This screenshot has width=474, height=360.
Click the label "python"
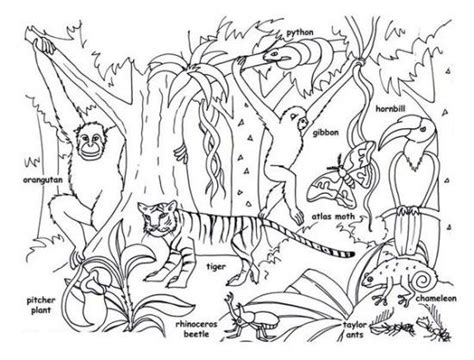(x=300, y=33)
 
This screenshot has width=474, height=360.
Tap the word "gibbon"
(x=326, y=133)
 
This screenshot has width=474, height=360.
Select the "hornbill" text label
(x=391, y=109)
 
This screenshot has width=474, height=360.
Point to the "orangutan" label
(x=43, y=180)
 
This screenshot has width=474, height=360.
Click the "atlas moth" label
(x=333, y=217)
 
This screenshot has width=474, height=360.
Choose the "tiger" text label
(x=216, y=267)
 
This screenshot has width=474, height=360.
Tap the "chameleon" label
(x=436, y=299)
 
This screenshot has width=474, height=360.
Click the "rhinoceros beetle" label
(x=197, y=329)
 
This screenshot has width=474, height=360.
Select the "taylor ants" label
(x=355, y=329)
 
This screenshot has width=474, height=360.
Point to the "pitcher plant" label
(x=41, y=305)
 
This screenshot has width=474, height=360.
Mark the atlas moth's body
(x=346, y=174)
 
